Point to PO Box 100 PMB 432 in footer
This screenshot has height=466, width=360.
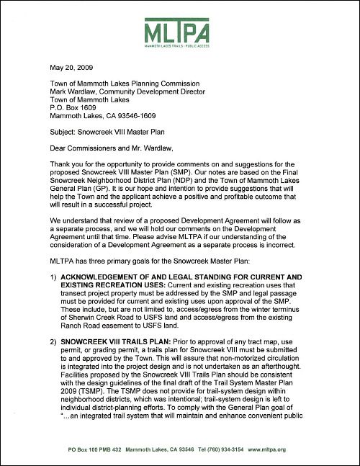click(92, 449)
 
